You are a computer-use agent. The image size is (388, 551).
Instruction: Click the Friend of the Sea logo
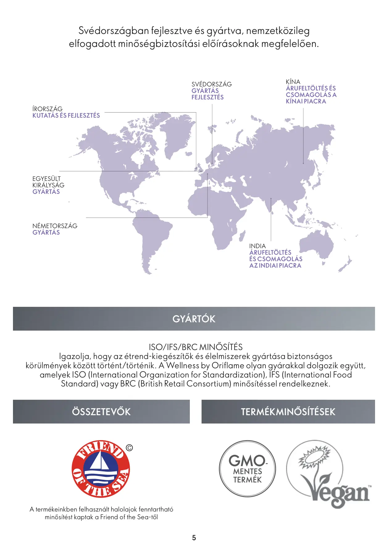tap(101, 469)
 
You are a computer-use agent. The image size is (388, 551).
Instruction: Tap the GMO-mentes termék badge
tap(247, 469)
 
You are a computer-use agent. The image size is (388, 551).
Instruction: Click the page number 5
tap(194, 538)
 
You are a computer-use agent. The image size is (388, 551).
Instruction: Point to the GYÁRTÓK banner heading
tap(194, 319)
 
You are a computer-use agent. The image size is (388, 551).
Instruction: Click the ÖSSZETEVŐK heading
tap(101, 412)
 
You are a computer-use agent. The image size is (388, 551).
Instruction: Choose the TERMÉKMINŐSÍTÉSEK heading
tap(288, 412)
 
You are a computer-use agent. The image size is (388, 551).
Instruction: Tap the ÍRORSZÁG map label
tap(48, 109)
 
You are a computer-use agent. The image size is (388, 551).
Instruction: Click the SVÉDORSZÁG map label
tap(211, 84)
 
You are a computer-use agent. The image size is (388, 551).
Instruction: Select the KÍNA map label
tap(293, 82)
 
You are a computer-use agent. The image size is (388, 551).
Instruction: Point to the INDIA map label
tap(257, 246)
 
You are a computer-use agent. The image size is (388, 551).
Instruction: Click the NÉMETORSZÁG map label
tap(55, 226)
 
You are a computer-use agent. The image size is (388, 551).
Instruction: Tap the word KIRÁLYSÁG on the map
tap(48, 185)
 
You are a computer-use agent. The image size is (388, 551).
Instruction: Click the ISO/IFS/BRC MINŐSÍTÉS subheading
tap(196, 347)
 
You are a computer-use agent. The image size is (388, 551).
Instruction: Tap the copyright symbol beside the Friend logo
tap(129, 448)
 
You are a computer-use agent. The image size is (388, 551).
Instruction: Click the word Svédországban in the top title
tap(114, 31)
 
